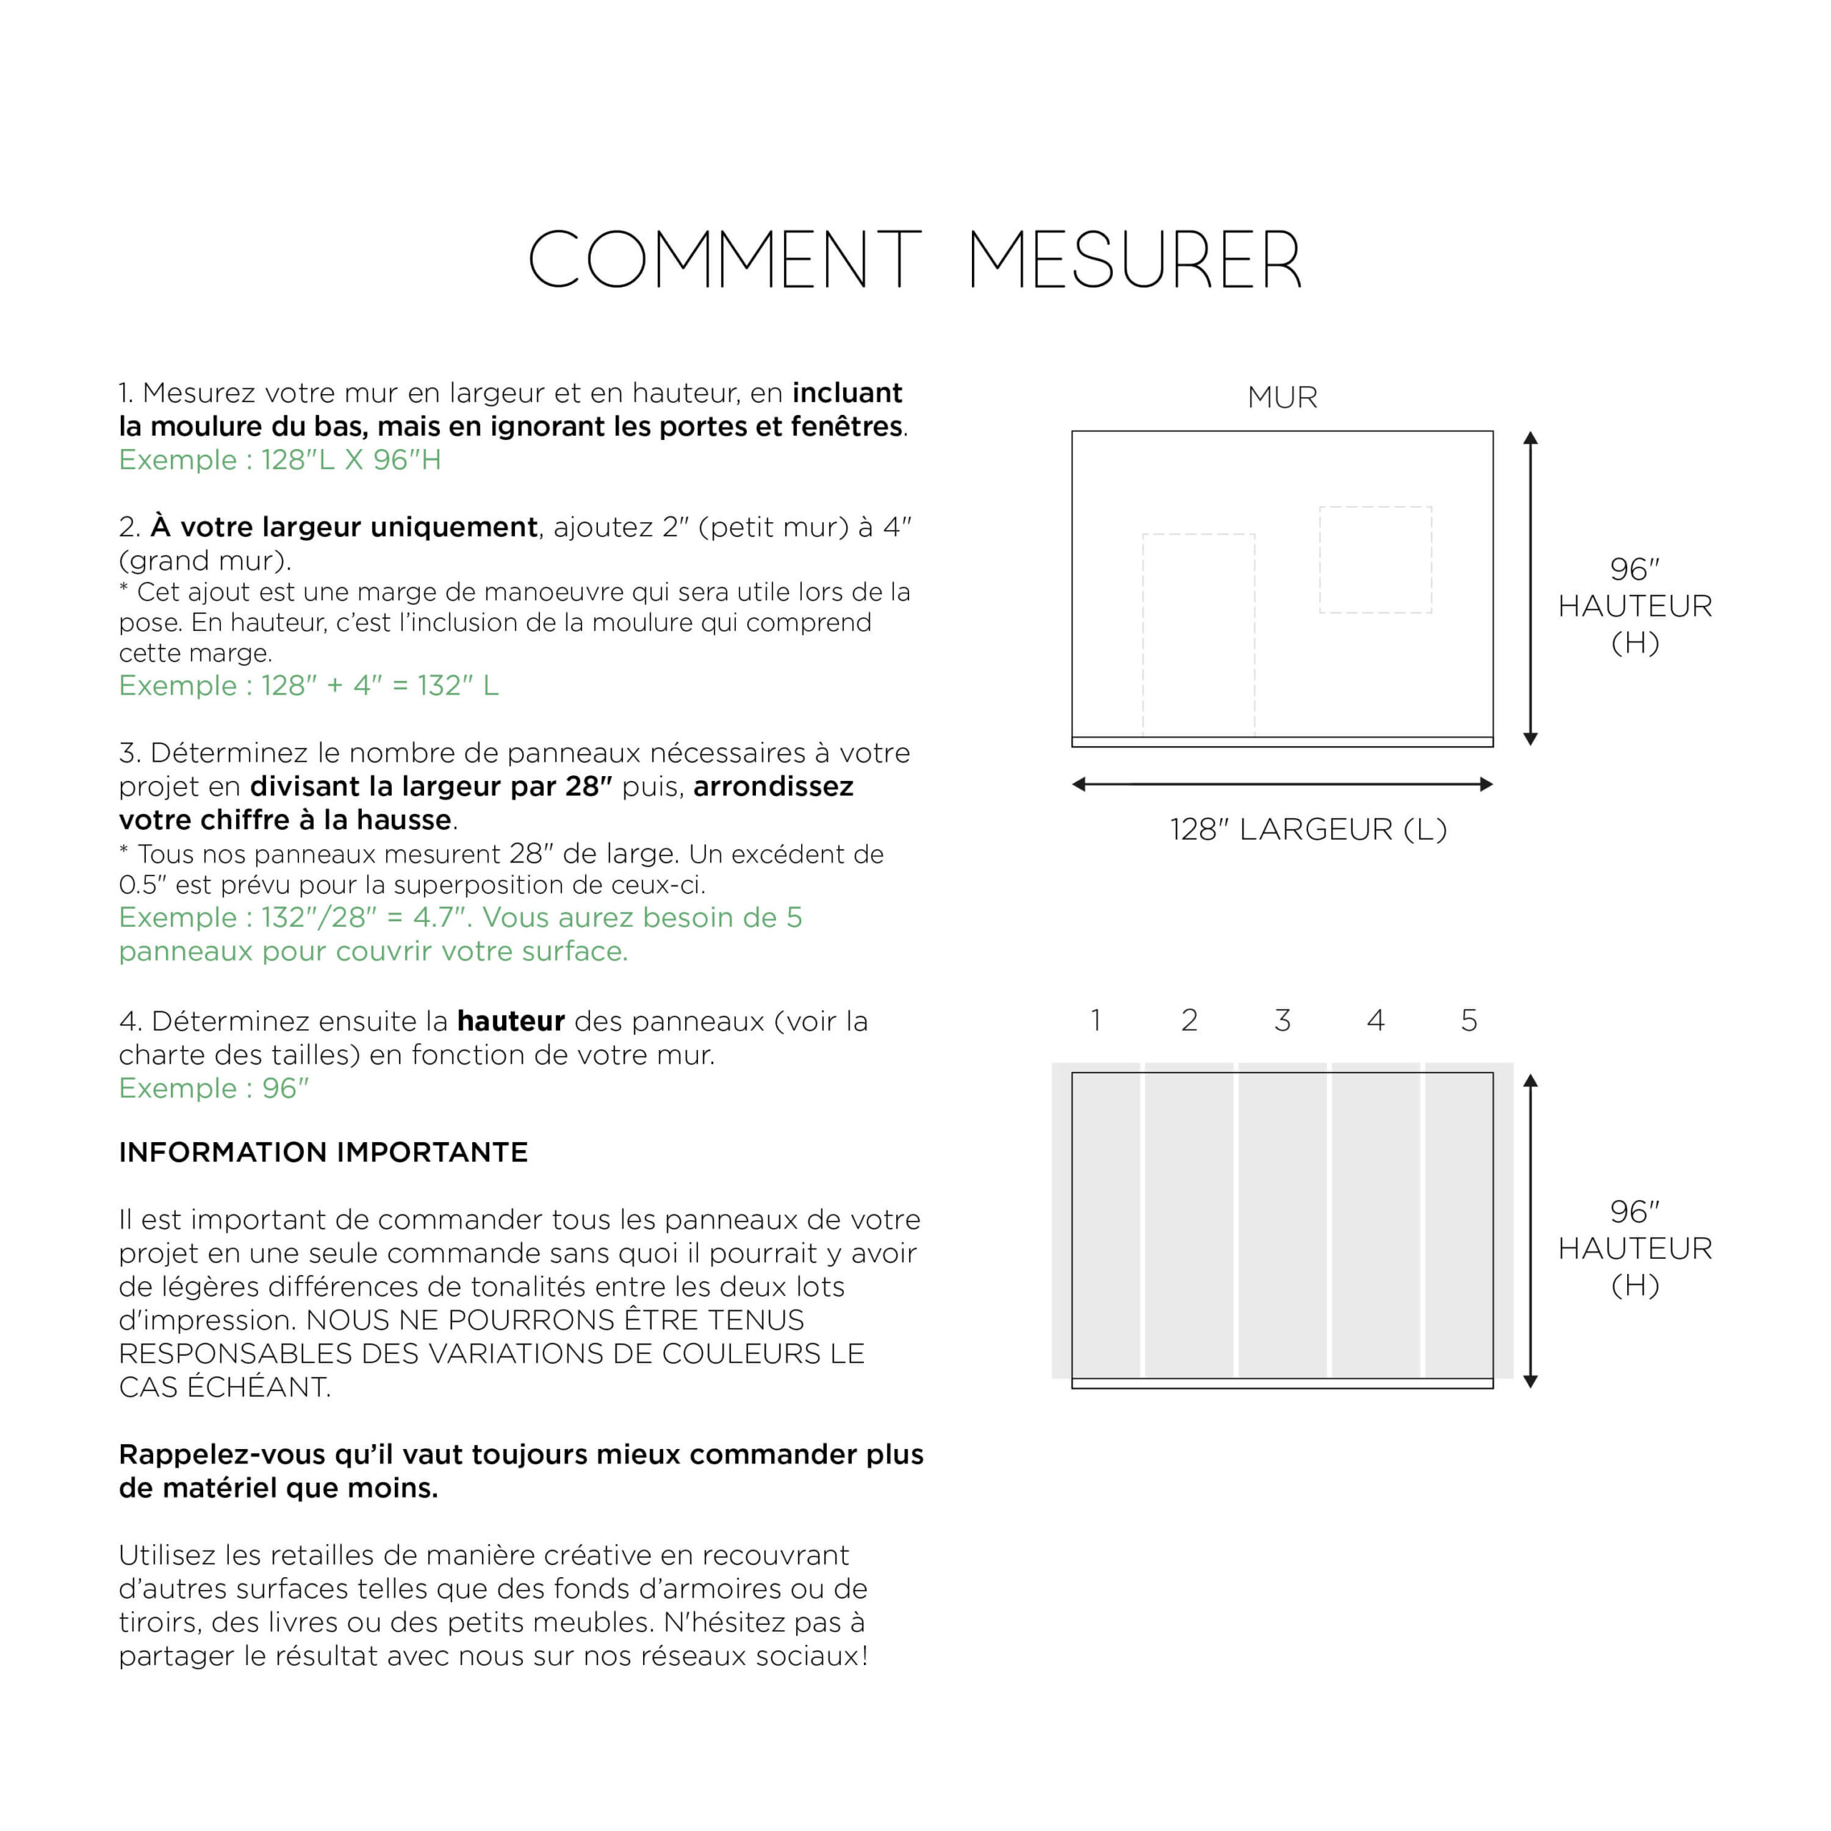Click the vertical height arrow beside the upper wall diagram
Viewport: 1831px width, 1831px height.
click(x=1530, y=588)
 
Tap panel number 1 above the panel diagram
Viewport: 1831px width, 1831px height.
click(x=1096, y=1020)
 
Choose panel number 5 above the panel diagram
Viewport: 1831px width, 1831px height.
click(x=1468, y=1020)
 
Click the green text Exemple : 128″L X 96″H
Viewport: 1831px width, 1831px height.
click(x=280, y=460)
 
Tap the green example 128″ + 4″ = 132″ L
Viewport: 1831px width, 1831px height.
click(x=308, y=685)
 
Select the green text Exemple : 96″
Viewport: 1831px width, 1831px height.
click(x=213, y=1088)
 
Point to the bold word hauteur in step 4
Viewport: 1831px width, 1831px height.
click(x=510, y=1021)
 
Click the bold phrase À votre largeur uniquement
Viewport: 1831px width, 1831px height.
click(x=343, y=527)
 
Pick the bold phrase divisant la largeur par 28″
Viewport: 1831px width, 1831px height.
click(x=431, y=787)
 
